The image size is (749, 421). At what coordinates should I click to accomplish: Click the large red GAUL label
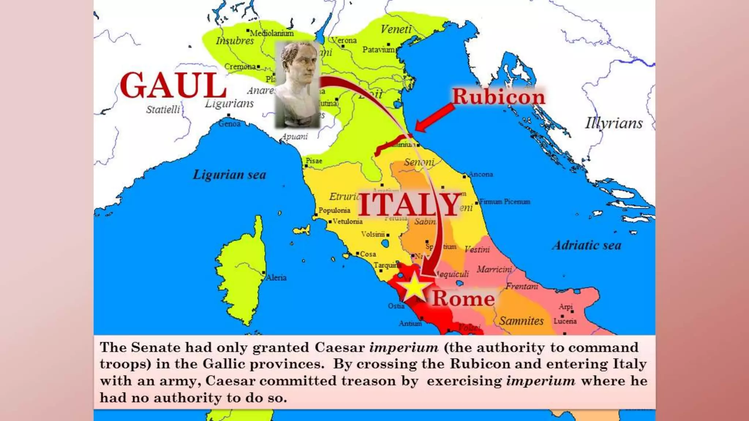pos(173,85)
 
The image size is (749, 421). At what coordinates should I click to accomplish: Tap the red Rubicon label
pos(498,97)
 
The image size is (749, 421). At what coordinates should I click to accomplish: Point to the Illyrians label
pos(614,123)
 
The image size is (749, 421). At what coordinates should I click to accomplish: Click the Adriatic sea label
pos(587,245)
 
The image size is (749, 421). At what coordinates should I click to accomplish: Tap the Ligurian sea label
pos(229,175)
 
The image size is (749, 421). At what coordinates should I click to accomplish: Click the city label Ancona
pos(481,174)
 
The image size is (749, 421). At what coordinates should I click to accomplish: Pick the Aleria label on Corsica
pos(276,278)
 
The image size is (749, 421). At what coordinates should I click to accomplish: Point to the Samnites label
pos(521,321)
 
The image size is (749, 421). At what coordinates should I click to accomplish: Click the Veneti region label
pos(396,29)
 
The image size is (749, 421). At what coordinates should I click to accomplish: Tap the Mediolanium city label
pos(272,33)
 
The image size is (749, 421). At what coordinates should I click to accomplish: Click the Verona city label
pos(344,40)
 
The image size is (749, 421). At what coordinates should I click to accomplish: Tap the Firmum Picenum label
pos(505,202)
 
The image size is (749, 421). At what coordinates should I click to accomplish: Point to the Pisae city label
pos(314,161)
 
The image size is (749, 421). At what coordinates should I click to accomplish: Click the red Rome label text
pos(463,299)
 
